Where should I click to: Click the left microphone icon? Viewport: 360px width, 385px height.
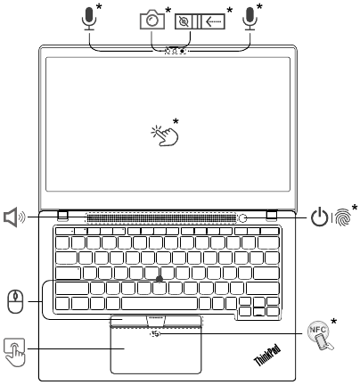pos(89,19)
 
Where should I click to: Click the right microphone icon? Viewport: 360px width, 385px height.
pos(250,19)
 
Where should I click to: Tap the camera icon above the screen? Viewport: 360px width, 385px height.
pos(152,20)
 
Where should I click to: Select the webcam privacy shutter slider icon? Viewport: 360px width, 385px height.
pos(200,21)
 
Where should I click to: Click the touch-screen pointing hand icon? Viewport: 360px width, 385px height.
pos(165,135)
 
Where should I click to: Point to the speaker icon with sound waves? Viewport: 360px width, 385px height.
pos(14,217)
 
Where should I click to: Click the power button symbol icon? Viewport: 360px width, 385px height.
pos(320,217)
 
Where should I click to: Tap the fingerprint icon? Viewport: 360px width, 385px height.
pos(342,217)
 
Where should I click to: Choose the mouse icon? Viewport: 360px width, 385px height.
pos(15,301)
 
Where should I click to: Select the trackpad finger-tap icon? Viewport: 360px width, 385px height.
pos(14,352)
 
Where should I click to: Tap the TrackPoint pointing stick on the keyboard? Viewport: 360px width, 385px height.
pos(160,279)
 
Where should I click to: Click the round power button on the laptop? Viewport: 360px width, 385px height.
pos(243,218)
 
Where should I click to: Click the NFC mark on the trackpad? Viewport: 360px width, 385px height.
pos(155,334)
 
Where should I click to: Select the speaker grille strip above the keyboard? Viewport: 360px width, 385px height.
pos(160,218)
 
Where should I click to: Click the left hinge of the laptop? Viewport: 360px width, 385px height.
pos(63,216)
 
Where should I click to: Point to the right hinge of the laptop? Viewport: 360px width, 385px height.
pos(272,216)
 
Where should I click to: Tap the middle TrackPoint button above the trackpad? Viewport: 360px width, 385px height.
pos(156,321)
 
